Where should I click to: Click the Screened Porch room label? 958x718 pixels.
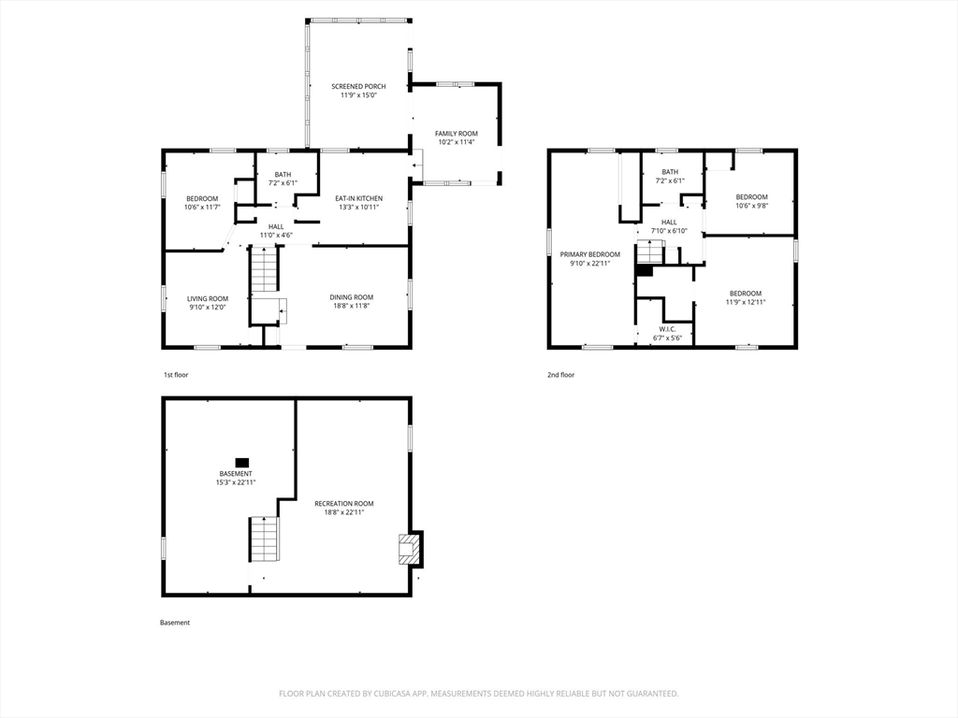(358, 86)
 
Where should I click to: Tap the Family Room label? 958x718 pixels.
(457, 134)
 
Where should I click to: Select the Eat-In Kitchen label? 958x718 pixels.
(359, 198)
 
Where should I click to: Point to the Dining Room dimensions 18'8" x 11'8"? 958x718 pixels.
(351, 307)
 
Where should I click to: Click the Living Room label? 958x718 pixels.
(207, 298)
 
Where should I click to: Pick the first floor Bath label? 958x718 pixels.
(283, 174)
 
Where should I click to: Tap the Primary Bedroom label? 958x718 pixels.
(589, 254)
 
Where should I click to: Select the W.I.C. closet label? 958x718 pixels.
(667, 328)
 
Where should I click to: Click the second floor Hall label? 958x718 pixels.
(669, 222)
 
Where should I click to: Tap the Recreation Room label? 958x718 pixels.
(343, 503)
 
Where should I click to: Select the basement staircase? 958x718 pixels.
(264, 539)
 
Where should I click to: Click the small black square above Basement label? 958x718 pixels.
(242, 462)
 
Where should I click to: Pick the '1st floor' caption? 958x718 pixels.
(176, 375)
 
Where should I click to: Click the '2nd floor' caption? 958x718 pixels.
(561, 375)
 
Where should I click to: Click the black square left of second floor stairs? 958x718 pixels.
(643, 270)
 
